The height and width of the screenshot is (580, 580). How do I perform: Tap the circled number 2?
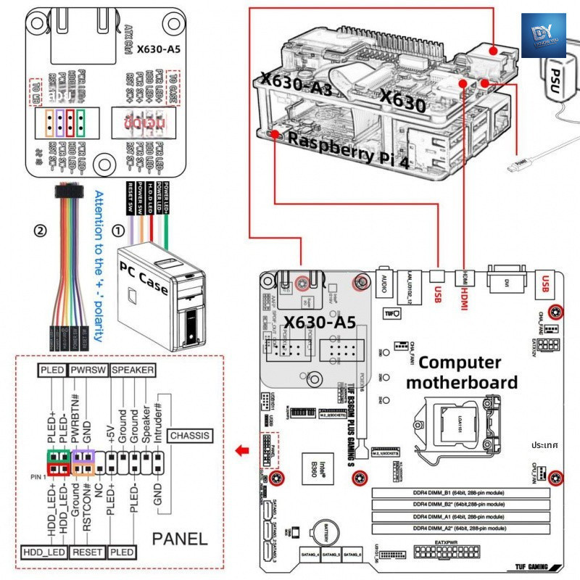41,232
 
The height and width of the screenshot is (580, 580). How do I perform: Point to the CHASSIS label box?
190,436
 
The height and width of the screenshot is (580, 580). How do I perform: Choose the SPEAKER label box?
133,370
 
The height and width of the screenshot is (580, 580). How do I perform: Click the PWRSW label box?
88,370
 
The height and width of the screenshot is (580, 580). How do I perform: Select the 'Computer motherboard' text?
468,372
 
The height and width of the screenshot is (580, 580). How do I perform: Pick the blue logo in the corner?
543,35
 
